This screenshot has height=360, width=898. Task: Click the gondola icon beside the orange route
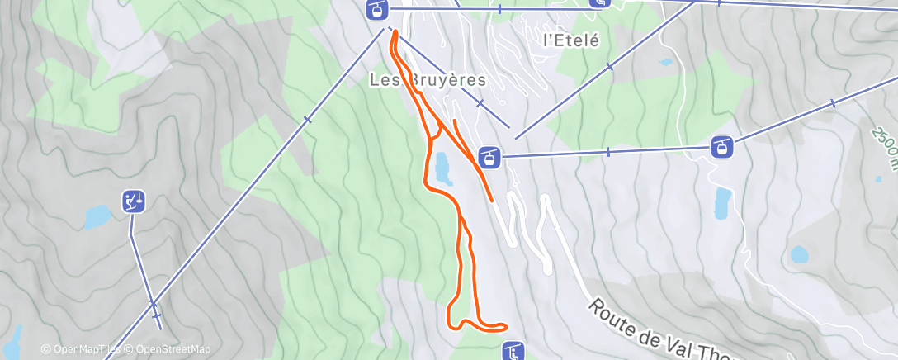[x=489, y=156]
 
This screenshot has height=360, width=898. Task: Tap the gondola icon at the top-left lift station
[x=376, y=10]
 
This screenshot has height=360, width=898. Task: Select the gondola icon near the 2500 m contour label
[x=722, y=148]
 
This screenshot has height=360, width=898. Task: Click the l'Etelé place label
[x=570, y=39]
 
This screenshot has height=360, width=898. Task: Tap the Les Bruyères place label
[x=426, y=80]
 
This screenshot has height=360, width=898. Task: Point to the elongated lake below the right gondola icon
[x=723, y=203]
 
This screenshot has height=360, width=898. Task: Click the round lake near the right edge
[x=799, y=254]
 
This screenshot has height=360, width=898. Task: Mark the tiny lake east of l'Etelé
[x=665, y=62]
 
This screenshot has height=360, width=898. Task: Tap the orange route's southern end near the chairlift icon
[x=500, y=326]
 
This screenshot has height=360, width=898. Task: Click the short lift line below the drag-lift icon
[x=141, y=264]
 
